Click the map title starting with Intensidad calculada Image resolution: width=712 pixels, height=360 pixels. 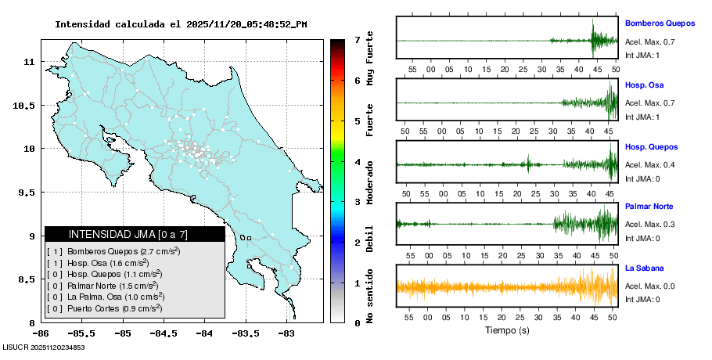(x=181, y=24)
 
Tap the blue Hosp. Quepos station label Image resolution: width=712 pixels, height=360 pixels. (x=651, y=146)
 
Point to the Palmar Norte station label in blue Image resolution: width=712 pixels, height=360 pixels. (x=649, y=207)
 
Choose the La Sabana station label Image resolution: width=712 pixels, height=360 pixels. (x=645, y=268)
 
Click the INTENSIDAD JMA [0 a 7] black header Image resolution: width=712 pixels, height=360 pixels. (x=135, y=234)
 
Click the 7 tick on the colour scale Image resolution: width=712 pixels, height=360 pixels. (x=356, y=39)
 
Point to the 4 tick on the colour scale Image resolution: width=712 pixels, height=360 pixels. (x=356, y=162)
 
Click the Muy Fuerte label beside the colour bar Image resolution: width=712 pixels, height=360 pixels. (x=370, y=59)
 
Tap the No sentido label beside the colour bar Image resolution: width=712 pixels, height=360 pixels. (x=370, y=297)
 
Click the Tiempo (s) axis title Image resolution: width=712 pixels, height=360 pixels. (x=507, y=330)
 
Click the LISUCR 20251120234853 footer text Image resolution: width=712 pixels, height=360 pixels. (x=44, y=347)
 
